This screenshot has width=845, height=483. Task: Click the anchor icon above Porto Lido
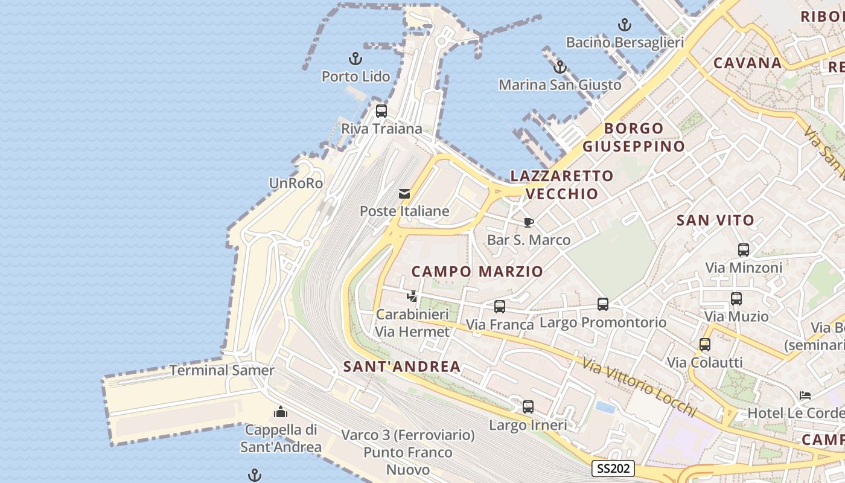356,59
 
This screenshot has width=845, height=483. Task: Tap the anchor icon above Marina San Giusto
560,67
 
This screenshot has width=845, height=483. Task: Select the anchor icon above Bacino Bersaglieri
625,25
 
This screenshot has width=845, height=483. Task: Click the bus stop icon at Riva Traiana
381,111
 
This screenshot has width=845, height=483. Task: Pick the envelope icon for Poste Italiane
404,194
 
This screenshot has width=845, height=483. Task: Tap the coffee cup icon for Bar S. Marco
529,222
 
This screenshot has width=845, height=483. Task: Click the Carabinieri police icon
412,296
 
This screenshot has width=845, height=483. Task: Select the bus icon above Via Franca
500,307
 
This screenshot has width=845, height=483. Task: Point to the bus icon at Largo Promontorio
603,304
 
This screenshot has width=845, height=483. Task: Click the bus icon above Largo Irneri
528,407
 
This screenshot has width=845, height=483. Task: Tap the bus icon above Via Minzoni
744,249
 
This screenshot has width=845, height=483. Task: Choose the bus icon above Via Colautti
705,345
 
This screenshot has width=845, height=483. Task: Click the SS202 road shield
613,469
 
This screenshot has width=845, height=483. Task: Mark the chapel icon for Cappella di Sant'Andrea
281,412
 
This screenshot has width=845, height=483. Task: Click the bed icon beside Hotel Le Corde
805,395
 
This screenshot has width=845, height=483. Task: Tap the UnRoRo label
296,183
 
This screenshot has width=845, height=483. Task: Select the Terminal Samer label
222,370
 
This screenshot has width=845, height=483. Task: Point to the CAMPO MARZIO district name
477,272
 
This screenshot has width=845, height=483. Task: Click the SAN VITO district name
715,220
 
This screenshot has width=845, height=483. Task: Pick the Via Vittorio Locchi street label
640,386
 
